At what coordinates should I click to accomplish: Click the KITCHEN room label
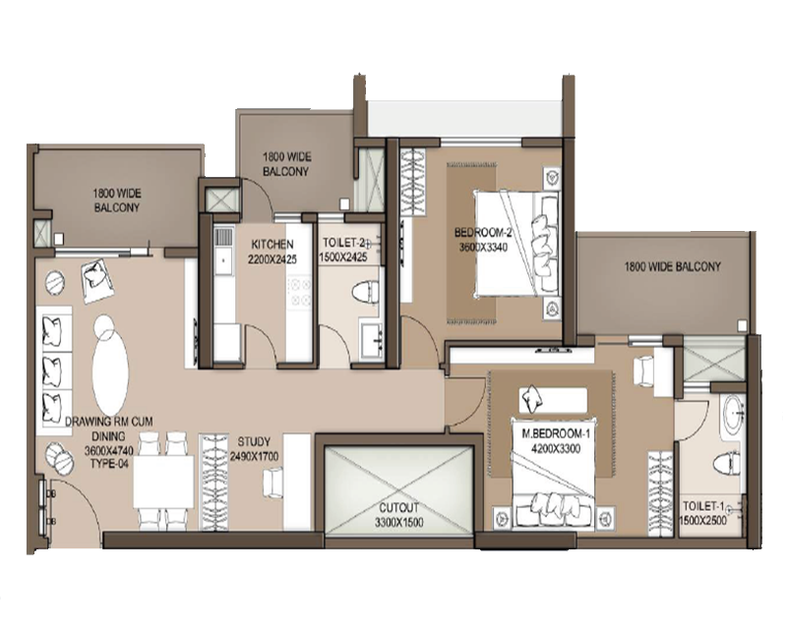click(x=272, y=245)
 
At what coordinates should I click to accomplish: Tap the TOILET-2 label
click(x=344, y=243)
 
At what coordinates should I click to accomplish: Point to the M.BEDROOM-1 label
click(x=552, y=433)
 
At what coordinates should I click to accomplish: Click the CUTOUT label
click(x=399, y=507)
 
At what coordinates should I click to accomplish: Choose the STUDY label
click(x=254, y=442)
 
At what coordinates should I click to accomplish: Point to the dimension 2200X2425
click(x=272, y=259)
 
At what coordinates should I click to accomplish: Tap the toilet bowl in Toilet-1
click(x=727, y=463)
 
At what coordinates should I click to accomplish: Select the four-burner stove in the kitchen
click(x=299, y=293)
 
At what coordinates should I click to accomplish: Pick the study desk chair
click(x=273, y=482)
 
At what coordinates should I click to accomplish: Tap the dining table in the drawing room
click(x=163, y=482)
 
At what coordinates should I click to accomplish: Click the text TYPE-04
click(x=109, y=464)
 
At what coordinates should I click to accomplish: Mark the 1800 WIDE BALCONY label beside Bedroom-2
click(x=673, y=266)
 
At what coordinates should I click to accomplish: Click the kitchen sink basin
click(x=223, y=260)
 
